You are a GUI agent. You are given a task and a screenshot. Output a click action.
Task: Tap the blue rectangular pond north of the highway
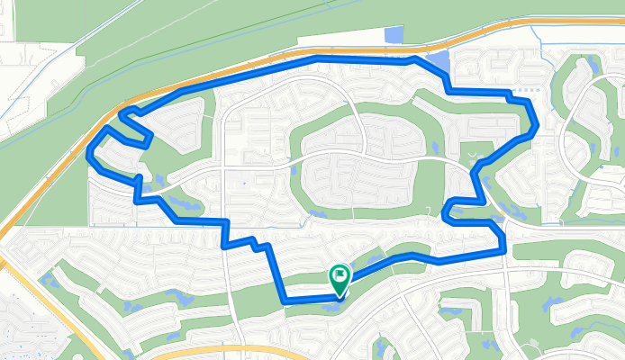click(x=394, y=35)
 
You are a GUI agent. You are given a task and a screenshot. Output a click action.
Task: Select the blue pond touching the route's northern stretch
click(x=438, y=64)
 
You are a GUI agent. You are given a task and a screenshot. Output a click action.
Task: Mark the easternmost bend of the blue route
click(x=536, y=126)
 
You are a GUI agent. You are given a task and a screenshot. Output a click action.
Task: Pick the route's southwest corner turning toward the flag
click(x=285, y=299)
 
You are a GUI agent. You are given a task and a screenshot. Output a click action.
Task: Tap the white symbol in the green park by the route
click(x=476, y=155)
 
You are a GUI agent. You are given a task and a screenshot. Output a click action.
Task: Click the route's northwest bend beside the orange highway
click(x=122, y=112)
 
